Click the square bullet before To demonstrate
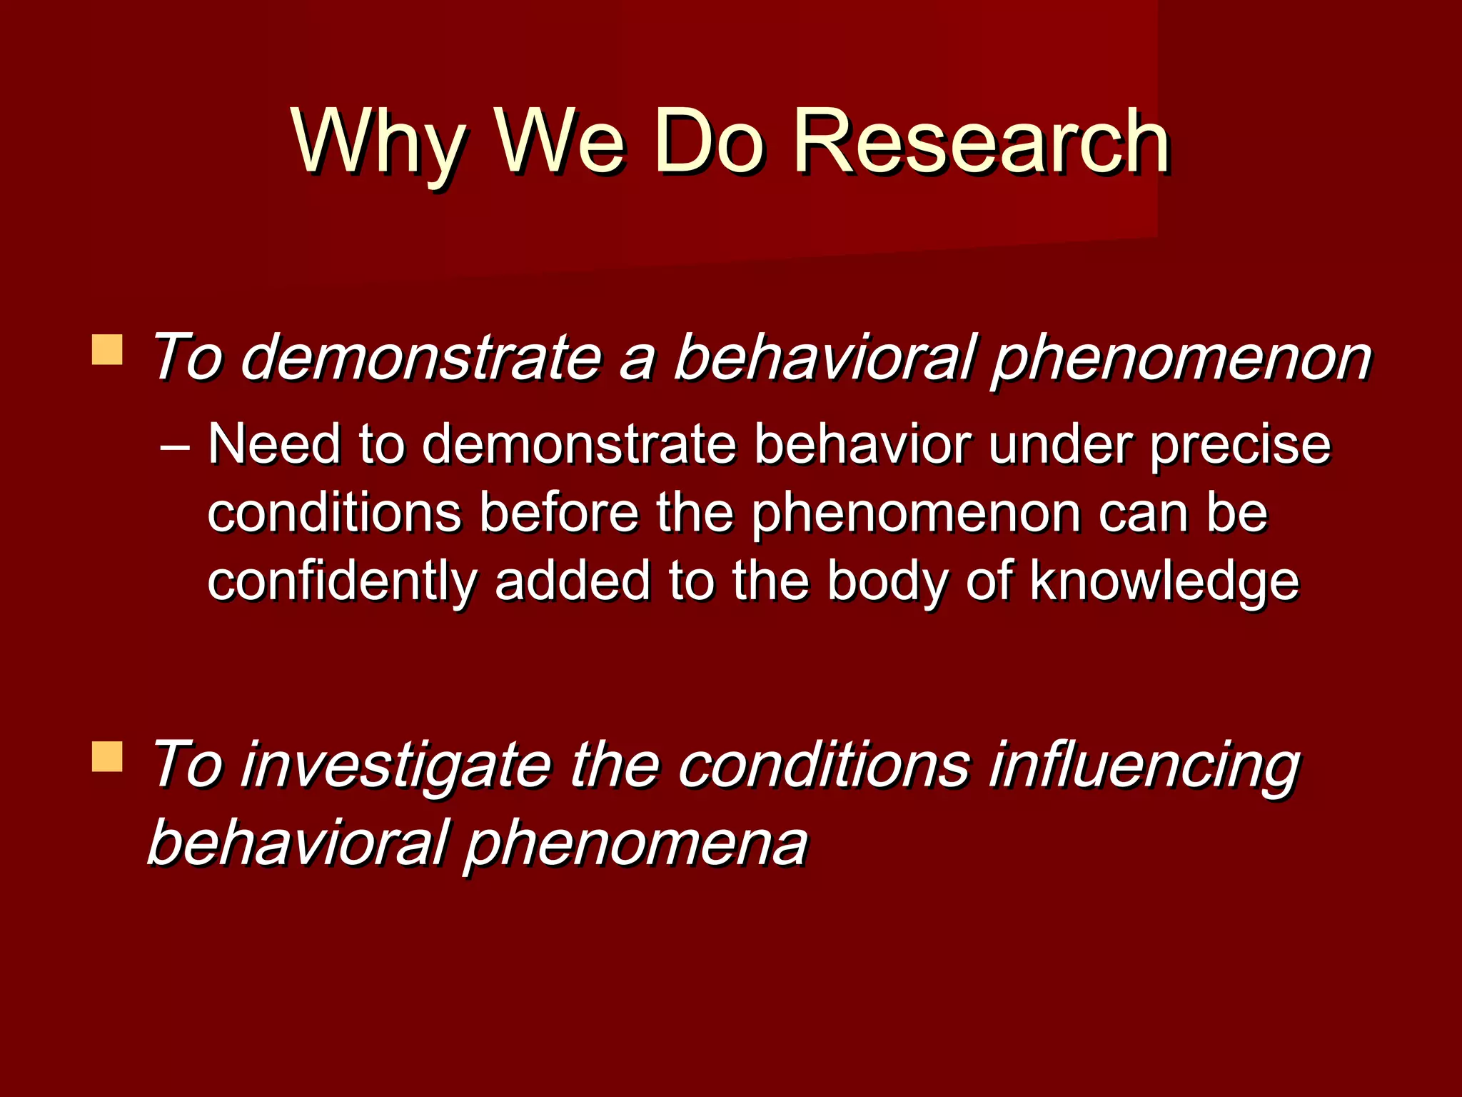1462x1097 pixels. click(x=107, y=350)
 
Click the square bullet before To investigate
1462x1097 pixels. click(x=107, y=757)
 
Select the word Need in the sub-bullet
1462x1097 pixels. click(x=273, y=444)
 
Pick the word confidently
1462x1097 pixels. click(x=341, y=581)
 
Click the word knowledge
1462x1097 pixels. click(x=1164, y=581)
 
